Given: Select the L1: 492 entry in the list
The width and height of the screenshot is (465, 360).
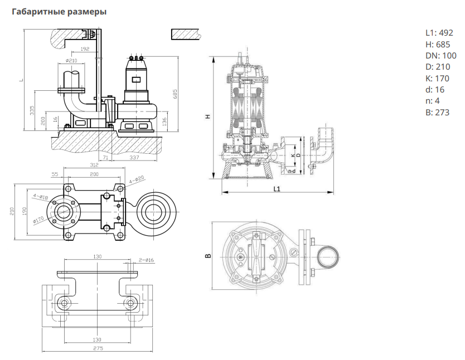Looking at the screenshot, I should pos(439,32).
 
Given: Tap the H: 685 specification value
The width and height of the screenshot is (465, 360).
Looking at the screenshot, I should pos(437,44).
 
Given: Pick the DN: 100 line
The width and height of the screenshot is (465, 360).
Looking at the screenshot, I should pos(440,55).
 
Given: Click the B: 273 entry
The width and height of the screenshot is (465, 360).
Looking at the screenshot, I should pos(437,113).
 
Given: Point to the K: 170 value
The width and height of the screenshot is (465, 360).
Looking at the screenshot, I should pos(437,78).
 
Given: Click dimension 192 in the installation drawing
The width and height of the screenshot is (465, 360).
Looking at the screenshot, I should pos(85,49).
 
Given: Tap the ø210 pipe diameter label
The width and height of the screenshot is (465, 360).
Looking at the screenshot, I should pos(71,60).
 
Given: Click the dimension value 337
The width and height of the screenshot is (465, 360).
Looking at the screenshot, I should pos(135,158).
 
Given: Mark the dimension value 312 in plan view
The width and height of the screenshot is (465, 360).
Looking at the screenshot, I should pos(94,165).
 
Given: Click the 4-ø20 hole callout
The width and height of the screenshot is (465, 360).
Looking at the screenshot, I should pos(137,180).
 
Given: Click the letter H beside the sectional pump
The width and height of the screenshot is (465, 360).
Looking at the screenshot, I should pos(207,116).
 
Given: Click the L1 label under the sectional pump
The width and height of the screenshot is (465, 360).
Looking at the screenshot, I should pos(277,188).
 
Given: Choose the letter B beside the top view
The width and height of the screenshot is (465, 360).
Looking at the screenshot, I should pos(207,256).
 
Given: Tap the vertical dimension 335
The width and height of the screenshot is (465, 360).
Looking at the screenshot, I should pos(32,110).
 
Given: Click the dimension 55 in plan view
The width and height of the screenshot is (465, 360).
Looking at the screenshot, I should pos(55,174).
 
